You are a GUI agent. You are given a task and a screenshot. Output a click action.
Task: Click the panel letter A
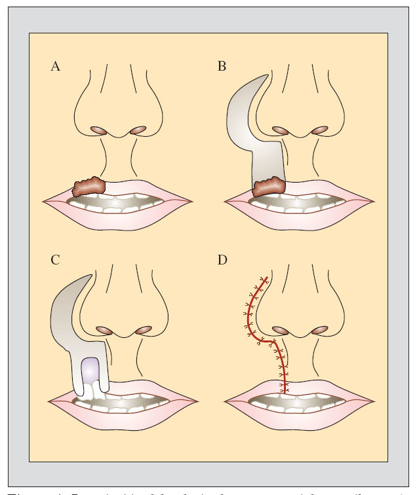pos(55,67)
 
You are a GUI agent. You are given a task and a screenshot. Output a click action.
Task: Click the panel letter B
pos(223,67)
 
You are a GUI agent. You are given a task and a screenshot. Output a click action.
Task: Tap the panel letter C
pos(55,259)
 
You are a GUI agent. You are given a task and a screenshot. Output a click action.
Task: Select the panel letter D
pos(223,259)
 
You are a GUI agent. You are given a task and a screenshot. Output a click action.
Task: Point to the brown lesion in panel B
pos(269,187)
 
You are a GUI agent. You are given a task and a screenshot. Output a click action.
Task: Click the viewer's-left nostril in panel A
pos(97,130)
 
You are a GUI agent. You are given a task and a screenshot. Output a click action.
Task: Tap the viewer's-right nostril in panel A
pos(137,130)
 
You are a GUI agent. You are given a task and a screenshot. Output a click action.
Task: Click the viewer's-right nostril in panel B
pos(319,130)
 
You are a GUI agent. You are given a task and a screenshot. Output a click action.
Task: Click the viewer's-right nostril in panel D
pos(319,329)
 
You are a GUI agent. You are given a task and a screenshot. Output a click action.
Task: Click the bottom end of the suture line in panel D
pos(284,393)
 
